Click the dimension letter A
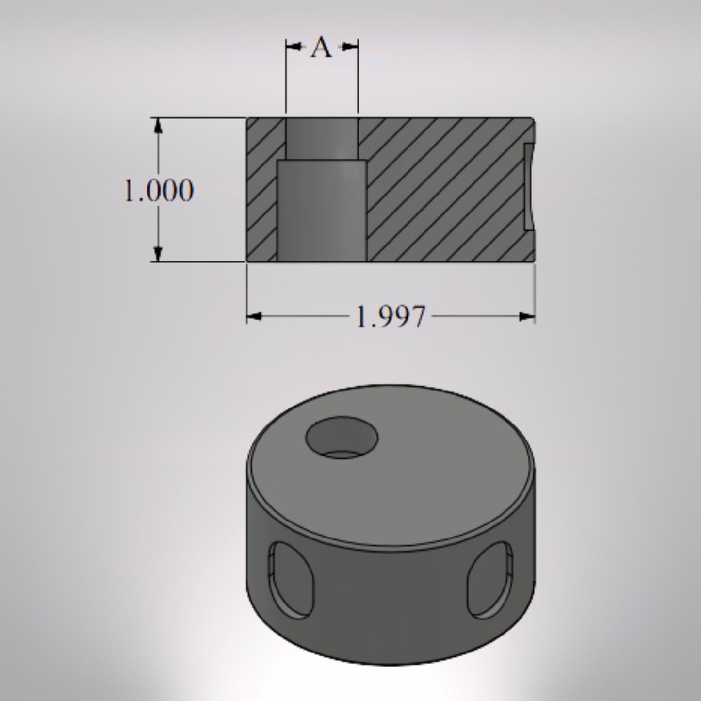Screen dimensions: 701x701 pos(322,48)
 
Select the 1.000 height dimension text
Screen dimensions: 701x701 pos(159,190)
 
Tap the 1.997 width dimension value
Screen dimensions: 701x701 pos(391,317)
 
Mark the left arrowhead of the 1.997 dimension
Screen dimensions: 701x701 pos(254,317)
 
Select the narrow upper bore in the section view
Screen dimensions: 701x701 pos(322,138)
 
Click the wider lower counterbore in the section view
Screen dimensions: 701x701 pos(321,211)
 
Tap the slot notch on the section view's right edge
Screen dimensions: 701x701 pos(529,187)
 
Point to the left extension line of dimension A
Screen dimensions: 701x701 pos(286,82)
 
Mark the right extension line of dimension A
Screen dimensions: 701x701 pos(358,82)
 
